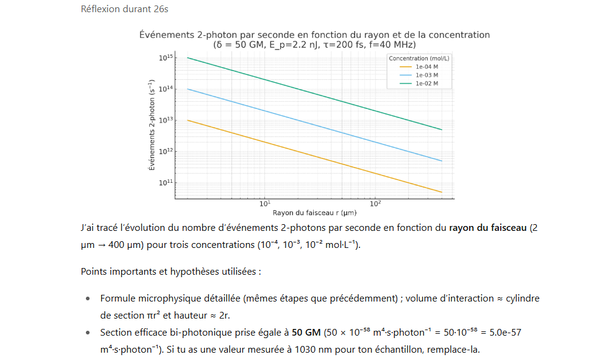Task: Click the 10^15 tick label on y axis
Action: tap(166, 58)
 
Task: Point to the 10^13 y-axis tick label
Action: tap(166, 120)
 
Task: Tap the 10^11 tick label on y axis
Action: tap(166, 182)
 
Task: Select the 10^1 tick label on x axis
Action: tap(264, 203)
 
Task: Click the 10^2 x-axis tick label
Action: tap(375, 203)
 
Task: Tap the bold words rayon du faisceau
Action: tap(488, 228)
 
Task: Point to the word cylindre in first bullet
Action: tap(522, 299)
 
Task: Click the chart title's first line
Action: tap(314, 35)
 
